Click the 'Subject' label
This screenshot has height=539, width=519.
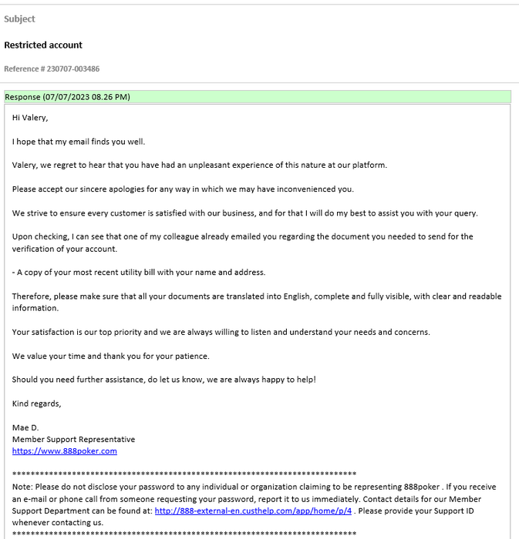point(19,18)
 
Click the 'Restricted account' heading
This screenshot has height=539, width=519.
point(43,45)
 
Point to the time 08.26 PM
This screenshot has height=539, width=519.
point(110,97)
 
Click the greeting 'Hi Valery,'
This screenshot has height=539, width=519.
point(30,118)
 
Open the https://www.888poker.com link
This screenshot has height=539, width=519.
point(65,451)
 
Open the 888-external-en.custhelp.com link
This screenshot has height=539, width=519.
point(253,511)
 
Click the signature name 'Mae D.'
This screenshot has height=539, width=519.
point(25,427)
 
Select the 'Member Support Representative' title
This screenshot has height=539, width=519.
point(73,439)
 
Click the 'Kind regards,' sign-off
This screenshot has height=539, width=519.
point(36,403)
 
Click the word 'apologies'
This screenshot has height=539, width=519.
point(116,189)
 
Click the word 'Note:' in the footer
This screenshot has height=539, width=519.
point(23,487)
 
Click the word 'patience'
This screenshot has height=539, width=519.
point(192,356)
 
